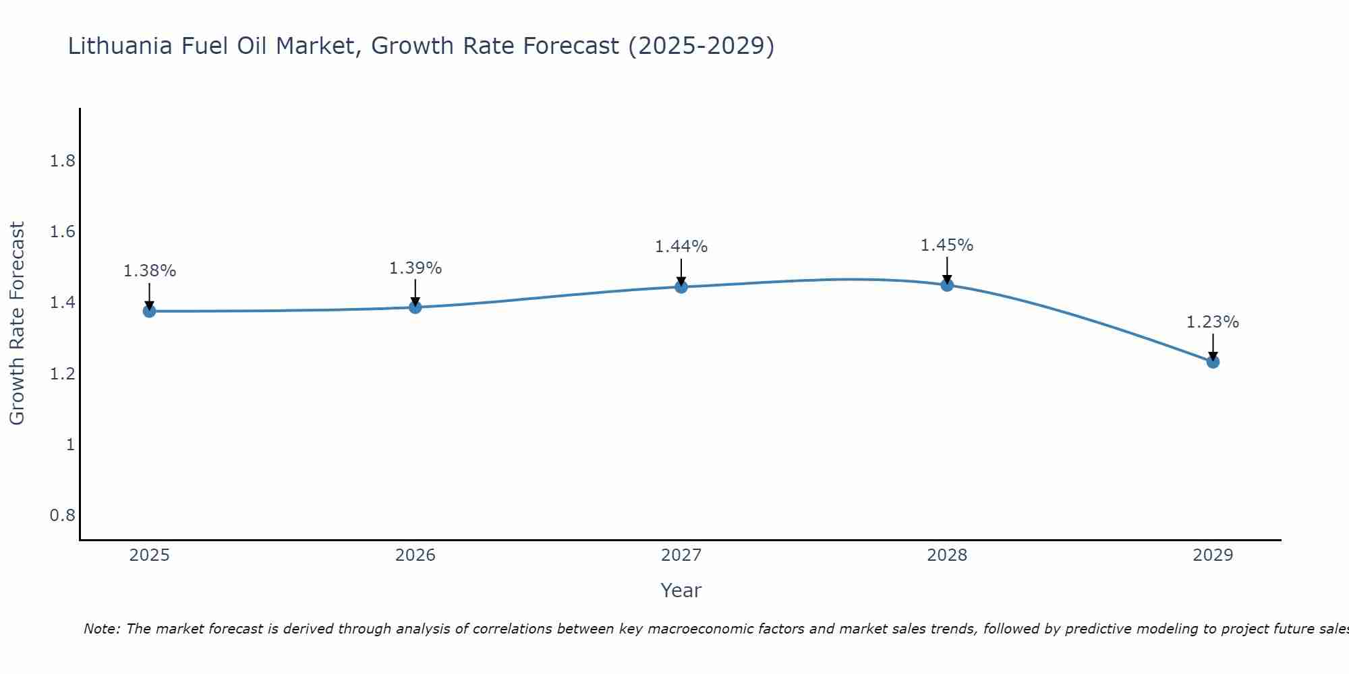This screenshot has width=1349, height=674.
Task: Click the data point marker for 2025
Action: coord(149,311)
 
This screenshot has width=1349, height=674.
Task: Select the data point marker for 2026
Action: coord(415,307)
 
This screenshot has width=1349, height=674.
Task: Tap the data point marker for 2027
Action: coord(681,287)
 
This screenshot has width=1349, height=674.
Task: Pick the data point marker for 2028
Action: coord(947,284)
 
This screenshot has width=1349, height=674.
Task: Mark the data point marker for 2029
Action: coord(1213,362)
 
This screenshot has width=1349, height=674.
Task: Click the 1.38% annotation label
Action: coord(149,271)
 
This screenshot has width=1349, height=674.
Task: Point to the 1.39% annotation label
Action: coord(415,268)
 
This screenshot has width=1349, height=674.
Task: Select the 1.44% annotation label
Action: coord(681,247)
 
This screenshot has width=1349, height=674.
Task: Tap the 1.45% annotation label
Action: coord(947,245)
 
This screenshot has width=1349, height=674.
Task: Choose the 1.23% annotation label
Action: coord(1213,322)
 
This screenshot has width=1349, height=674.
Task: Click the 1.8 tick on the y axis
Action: coord(63,161)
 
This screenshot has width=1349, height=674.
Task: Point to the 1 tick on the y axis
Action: coord(70,444)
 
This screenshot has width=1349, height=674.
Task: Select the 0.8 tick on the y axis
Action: coord(63,516)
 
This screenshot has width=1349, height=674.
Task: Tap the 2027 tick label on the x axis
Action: coord(681,555)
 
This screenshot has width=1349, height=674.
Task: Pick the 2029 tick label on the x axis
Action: coord(1213,555)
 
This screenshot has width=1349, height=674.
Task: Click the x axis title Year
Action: coord(681,590)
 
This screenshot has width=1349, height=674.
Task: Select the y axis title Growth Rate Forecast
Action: coord(18,324)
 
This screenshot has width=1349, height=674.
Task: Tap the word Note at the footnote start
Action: coord(101,629)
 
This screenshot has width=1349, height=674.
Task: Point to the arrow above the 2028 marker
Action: coord(947,270)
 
